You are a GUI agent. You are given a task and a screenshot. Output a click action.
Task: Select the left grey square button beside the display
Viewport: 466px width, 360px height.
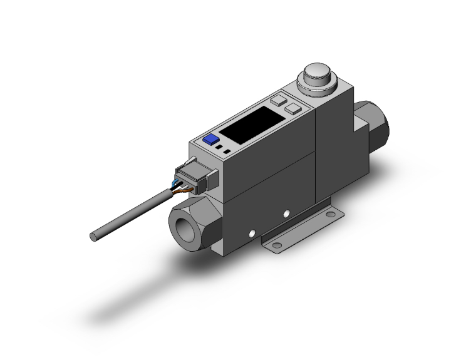[278, 100]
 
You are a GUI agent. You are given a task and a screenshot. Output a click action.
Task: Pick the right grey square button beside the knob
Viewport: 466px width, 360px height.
[292, 110]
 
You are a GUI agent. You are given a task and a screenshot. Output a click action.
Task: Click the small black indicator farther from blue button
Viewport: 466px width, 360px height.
[226, 152]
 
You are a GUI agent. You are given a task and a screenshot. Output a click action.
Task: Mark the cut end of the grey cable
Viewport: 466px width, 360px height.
[94, 237]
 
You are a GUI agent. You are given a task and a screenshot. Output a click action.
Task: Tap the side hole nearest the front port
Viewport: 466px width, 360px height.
[252, 235]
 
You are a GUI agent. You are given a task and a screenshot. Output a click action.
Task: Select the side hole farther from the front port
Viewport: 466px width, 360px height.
[286, 215]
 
